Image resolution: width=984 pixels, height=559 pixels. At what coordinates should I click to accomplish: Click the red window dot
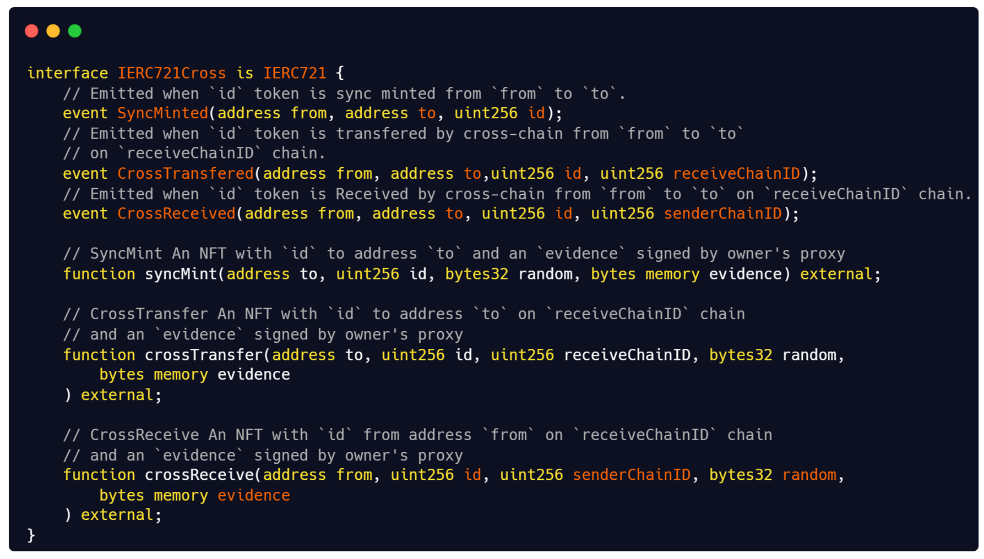coord(31,31)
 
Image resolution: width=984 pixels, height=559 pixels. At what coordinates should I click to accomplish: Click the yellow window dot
coord(53,31)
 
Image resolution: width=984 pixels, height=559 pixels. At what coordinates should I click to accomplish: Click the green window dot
coord(74,31)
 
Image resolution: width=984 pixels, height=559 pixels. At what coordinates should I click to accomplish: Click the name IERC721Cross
coord(171,73)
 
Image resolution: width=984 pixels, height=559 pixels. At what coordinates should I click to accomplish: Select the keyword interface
coord(67,73)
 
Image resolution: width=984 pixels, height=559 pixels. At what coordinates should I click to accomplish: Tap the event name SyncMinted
coord(162,113)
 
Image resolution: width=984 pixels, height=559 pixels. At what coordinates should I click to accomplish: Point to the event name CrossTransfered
coord(185,174)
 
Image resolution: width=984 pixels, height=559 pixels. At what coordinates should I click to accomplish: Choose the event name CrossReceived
coord(176,214)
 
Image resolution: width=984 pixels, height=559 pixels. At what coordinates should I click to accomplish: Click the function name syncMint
coord(181,274)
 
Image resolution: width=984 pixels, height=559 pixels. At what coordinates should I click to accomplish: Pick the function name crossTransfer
coord(204,355)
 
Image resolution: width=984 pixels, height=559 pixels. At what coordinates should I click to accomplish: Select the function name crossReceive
coord(199,475)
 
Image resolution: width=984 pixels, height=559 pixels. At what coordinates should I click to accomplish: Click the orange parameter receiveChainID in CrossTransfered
coord(736,174)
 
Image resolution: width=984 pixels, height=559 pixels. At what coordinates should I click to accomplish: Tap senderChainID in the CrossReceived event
coord(722,214)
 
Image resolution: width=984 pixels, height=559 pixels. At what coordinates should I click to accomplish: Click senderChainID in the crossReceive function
coord(631,475)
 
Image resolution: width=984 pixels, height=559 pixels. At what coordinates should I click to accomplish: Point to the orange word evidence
coord(253,495)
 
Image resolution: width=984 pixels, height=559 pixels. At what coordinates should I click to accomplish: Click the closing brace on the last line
coord(31,535)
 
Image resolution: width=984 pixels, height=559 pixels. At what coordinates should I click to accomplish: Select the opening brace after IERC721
coord(340,73)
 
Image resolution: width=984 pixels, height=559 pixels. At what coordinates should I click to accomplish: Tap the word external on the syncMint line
coord(836,274)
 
